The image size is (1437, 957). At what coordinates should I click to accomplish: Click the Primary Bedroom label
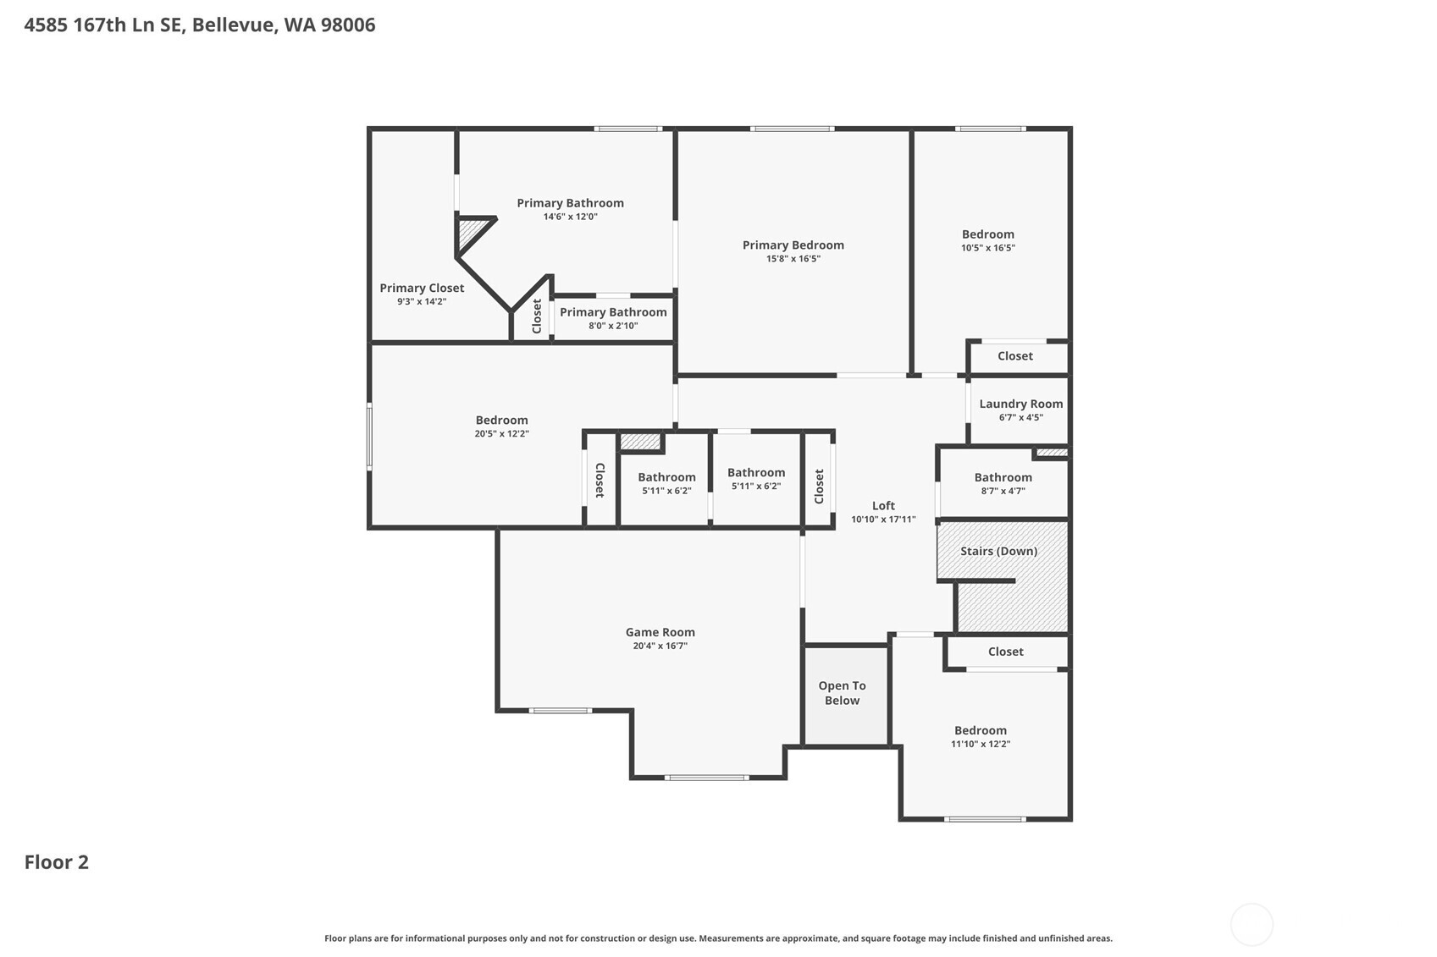click(793, 245)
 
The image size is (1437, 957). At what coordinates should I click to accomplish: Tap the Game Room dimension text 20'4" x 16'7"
click(660, 646)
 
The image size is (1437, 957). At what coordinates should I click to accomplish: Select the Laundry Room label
click(1020, 404)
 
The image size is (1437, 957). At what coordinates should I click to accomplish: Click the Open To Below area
click(842, 693)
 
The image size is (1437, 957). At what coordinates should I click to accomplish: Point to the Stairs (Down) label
click(998, 551)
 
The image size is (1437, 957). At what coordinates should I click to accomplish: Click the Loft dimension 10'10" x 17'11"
click(883, 520)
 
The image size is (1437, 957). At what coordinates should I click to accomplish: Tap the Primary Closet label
click(422, 288)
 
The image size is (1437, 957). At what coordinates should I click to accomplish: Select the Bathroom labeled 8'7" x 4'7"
click(1003, 477)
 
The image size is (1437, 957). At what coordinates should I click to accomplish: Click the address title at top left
click(200, 25)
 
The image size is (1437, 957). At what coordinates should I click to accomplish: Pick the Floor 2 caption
click(57, 862)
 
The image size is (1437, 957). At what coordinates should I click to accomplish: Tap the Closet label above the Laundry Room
click(1014, 356)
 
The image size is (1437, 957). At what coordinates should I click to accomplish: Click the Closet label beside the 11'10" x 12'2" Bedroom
click(1005, 652)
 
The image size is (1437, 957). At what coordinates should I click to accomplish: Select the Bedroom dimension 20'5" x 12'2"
click(501, 434)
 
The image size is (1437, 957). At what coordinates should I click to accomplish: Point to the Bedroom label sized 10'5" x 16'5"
click(987, 234)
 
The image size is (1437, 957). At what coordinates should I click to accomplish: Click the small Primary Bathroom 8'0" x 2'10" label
click(613, 312)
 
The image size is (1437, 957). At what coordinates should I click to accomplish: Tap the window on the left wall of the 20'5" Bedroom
click(369, 437)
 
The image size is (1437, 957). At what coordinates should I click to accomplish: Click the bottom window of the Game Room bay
click(706, 777)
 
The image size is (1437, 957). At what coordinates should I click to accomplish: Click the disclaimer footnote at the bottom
click(718, 938)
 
